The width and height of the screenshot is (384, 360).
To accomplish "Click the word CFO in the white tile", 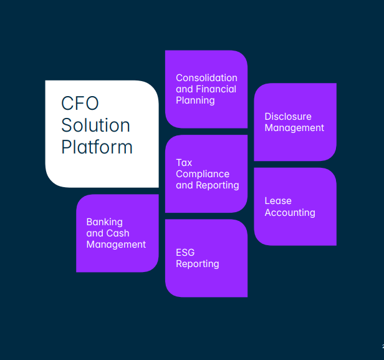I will point(80,103).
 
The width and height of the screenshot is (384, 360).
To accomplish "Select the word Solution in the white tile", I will point(95,125).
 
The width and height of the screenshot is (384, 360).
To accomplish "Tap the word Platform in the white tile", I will point(97,147).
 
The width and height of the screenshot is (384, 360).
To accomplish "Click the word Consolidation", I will point(206,78).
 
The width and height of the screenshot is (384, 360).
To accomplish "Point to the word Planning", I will point(195,100).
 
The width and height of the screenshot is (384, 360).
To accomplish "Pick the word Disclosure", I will point(287,117).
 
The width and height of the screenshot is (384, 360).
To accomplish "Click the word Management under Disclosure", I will point(294,128).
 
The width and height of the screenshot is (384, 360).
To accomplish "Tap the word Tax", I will point(184,163).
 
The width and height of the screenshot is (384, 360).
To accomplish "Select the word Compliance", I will point(203,174).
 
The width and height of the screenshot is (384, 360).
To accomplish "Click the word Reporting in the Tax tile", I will point(216,185).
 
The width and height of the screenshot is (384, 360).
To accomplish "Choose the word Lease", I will point(278,201).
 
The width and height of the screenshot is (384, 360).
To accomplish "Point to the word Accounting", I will point(290,213).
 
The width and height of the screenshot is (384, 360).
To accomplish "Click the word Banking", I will point(104,222).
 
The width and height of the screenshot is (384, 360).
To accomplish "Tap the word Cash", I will point(118,233).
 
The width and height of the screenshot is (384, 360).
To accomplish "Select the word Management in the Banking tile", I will point(116,245).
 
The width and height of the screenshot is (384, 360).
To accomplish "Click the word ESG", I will point(185,252).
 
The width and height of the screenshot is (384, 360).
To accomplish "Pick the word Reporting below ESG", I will point(197,264).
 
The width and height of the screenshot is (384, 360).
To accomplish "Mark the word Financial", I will point(216,89).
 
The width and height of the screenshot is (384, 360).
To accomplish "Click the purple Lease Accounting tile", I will point(295,228).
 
